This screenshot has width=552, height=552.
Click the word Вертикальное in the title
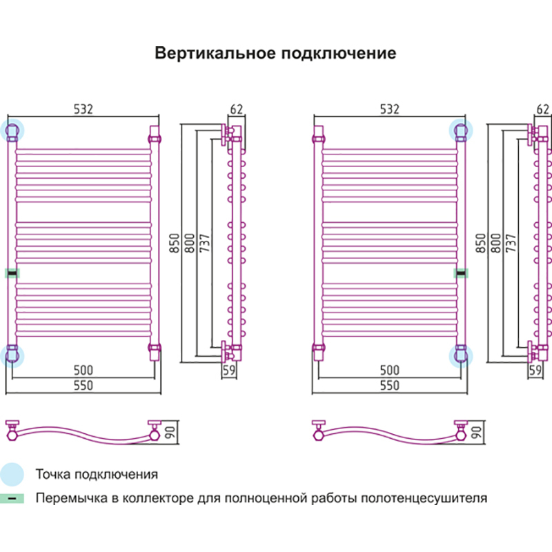point(213,54)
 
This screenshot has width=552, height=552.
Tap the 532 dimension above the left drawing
point(83,109)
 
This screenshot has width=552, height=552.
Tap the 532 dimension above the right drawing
point(390,109)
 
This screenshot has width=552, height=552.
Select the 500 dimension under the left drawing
point(83,371)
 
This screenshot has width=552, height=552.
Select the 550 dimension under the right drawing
point(390,386)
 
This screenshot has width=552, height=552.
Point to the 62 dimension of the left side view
point(237,109)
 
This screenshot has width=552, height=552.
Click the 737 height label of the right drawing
point(511,243)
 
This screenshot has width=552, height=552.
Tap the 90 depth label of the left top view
point(169,433)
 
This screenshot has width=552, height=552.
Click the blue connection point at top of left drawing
point(12,130)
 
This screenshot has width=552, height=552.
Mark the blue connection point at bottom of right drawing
point(460,355)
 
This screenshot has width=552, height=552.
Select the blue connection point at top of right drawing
point(460,130)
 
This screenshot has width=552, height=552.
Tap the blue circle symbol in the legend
point(12,474)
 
